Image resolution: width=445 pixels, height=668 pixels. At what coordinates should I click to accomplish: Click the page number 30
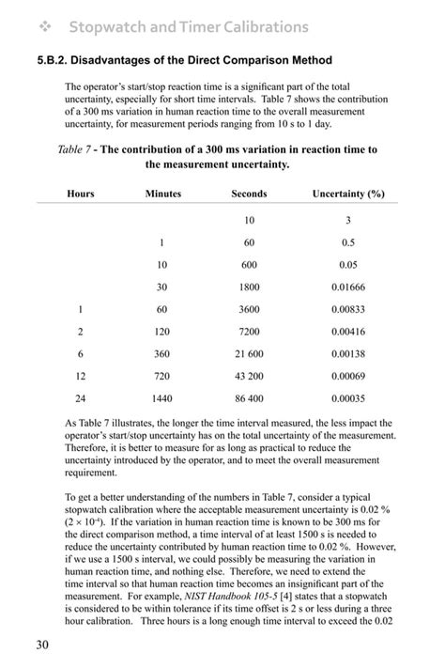click(42, 644)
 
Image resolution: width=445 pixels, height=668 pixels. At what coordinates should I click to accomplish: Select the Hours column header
click(81, 194)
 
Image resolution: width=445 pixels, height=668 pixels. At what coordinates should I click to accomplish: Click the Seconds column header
click(249, 194)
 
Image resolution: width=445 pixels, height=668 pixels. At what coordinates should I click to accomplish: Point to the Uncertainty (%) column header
click(348, 194)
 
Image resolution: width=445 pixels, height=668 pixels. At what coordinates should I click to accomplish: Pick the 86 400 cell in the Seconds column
click(249, 397)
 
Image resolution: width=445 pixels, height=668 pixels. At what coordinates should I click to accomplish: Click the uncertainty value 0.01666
click(348, 287)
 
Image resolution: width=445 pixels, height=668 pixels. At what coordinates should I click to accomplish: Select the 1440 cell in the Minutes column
click(162, 397)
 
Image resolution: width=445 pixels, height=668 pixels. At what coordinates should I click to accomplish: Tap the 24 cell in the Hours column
click(81, 397)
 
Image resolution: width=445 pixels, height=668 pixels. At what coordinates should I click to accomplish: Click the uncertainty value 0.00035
click(348, 397)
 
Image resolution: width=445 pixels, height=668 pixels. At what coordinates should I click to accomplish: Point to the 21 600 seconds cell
click(249, 353)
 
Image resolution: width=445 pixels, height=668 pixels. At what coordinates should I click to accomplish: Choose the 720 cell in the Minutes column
click(162, 376)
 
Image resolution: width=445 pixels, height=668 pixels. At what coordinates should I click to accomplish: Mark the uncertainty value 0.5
click(348, 242)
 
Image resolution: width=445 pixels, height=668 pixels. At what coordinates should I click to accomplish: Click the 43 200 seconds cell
click(249, 376)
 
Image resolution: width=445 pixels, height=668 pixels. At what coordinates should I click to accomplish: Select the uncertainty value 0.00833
click(348, 309)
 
